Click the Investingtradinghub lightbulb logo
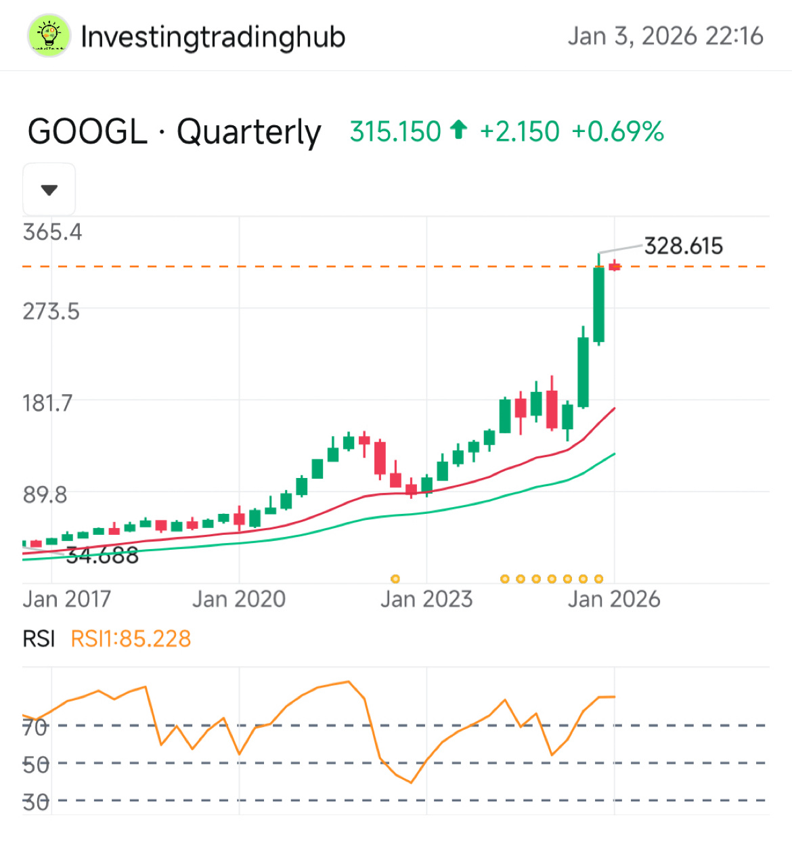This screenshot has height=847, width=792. (x=49, y=36)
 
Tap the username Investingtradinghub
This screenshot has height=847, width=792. (x=213, y=37)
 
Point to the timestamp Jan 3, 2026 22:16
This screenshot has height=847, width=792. (x=665, y=36)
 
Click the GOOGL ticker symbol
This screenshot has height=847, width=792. (x=87, y=131)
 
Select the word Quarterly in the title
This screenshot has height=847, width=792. (x=248, y=133)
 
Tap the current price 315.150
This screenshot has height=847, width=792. (x=395, y=131)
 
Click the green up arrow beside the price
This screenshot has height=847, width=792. (x=459, y=129)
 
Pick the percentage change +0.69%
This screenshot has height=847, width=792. (x=617, y=131)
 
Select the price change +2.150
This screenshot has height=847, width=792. (x=519, y=131)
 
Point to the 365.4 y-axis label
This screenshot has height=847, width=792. (x=52, y=232)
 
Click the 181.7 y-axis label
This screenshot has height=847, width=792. (x=47, y=404)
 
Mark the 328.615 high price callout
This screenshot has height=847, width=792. (x=683, y=246)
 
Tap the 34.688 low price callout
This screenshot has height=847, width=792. (x=102, y=556)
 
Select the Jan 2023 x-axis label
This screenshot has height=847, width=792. (x=426, y=599)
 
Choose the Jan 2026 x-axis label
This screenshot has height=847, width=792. (x=613, y=599)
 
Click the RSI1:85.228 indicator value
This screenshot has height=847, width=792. (x=131, y=638)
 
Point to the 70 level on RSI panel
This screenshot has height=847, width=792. (x=35, y=727)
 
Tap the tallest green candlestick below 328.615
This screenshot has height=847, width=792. (x=598, y=305)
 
